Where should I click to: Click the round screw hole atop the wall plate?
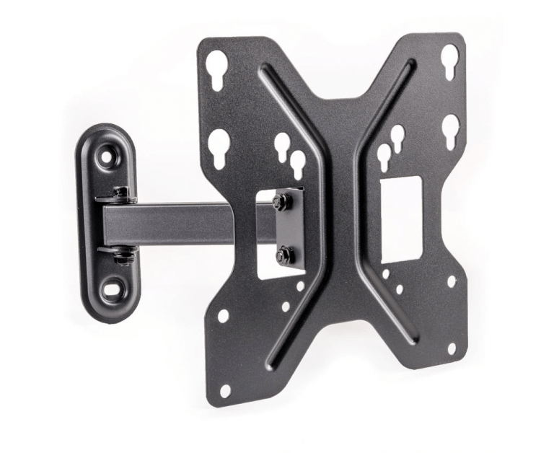click(110, 154)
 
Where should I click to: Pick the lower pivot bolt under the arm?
click(122, 254)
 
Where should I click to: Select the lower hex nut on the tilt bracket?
click(286, 254)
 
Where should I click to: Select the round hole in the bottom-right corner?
click(452, 348)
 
